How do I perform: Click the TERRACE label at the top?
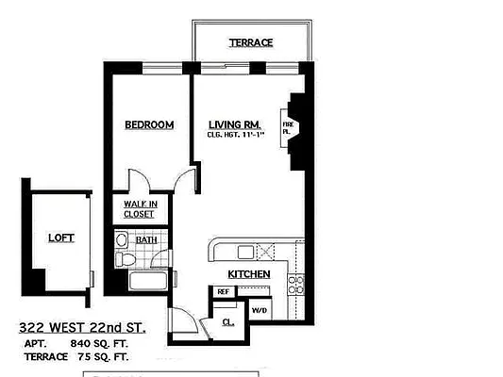pos(250,42)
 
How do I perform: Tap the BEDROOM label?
pos(149,124)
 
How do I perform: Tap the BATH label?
pos(146,240)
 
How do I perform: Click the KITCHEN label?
pos(249,274)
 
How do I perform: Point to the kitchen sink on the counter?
pos(246,252)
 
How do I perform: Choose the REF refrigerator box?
pos(224,292)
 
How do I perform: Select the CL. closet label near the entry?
pos(229,320)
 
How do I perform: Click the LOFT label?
pos(60,238)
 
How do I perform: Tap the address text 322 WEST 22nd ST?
pos(81,327)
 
